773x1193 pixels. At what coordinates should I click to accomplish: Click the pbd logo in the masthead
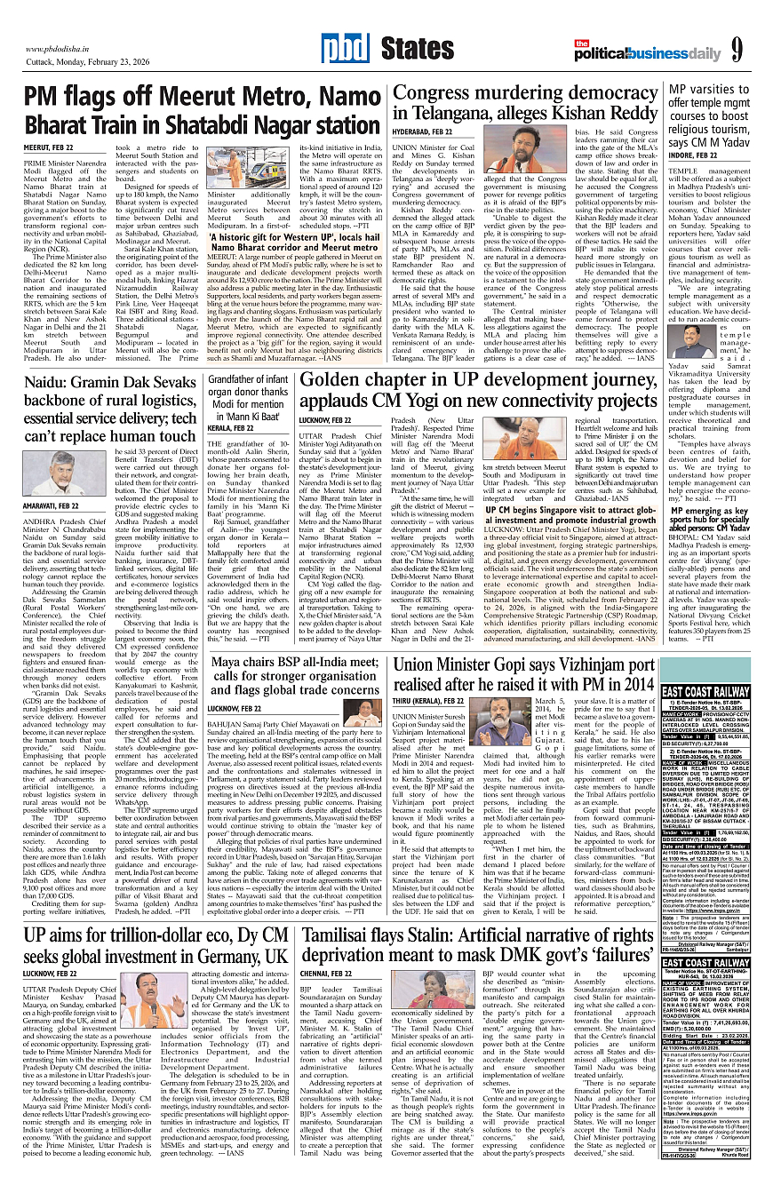(x=339, y=47)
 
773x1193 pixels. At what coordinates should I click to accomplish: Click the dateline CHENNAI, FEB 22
(x=327, y=973)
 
